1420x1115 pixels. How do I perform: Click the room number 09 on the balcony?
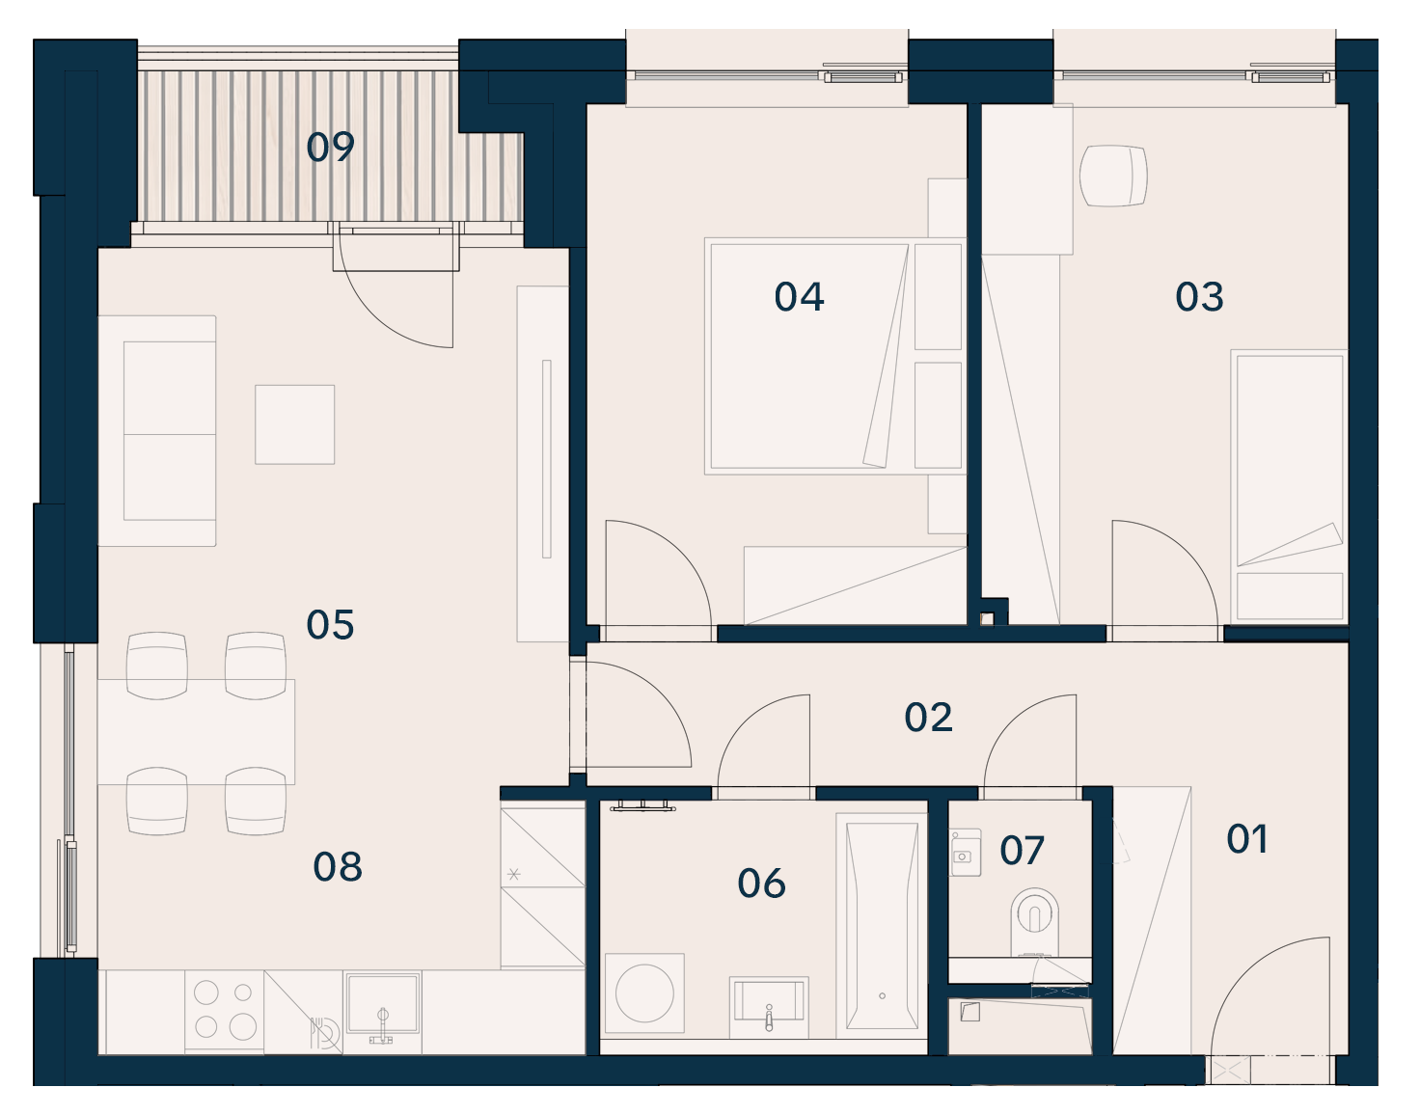click(330, 147)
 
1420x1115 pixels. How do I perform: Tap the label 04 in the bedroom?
click(799, 297)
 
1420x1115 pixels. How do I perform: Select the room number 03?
click(1199, 297)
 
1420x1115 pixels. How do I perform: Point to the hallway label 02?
click(928, 718)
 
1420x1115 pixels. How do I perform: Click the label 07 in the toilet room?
click(1022, 851)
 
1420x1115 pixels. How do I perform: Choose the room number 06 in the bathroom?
click(761, 884)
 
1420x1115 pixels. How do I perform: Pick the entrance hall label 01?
click(1246, 839)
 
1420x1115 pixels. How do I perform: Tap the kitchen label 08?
click(338, 867)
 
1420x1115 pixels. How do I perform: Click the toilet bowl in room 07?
click(1034, 922)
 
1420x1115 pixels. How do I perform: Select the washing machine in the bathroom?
click(644, 993)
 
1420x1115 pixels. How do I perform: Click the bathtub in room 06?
click(882, 926)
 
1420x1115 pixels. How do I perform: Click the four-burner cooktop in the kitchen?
click(224, 1011)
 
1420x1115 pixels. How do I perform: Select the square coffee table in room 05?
click(295, 424)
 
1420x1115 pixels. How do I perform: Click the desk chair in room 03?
click(1113, 176)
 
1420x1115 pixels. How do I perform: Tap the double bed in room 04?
click(835, 356)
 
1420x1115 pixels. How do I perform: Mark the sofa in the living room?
click(157, 431)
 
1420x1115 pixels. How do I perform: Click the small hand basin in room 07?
click(966, 853)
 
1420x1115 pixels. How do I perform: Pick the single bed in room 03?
click(1290, 487)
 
